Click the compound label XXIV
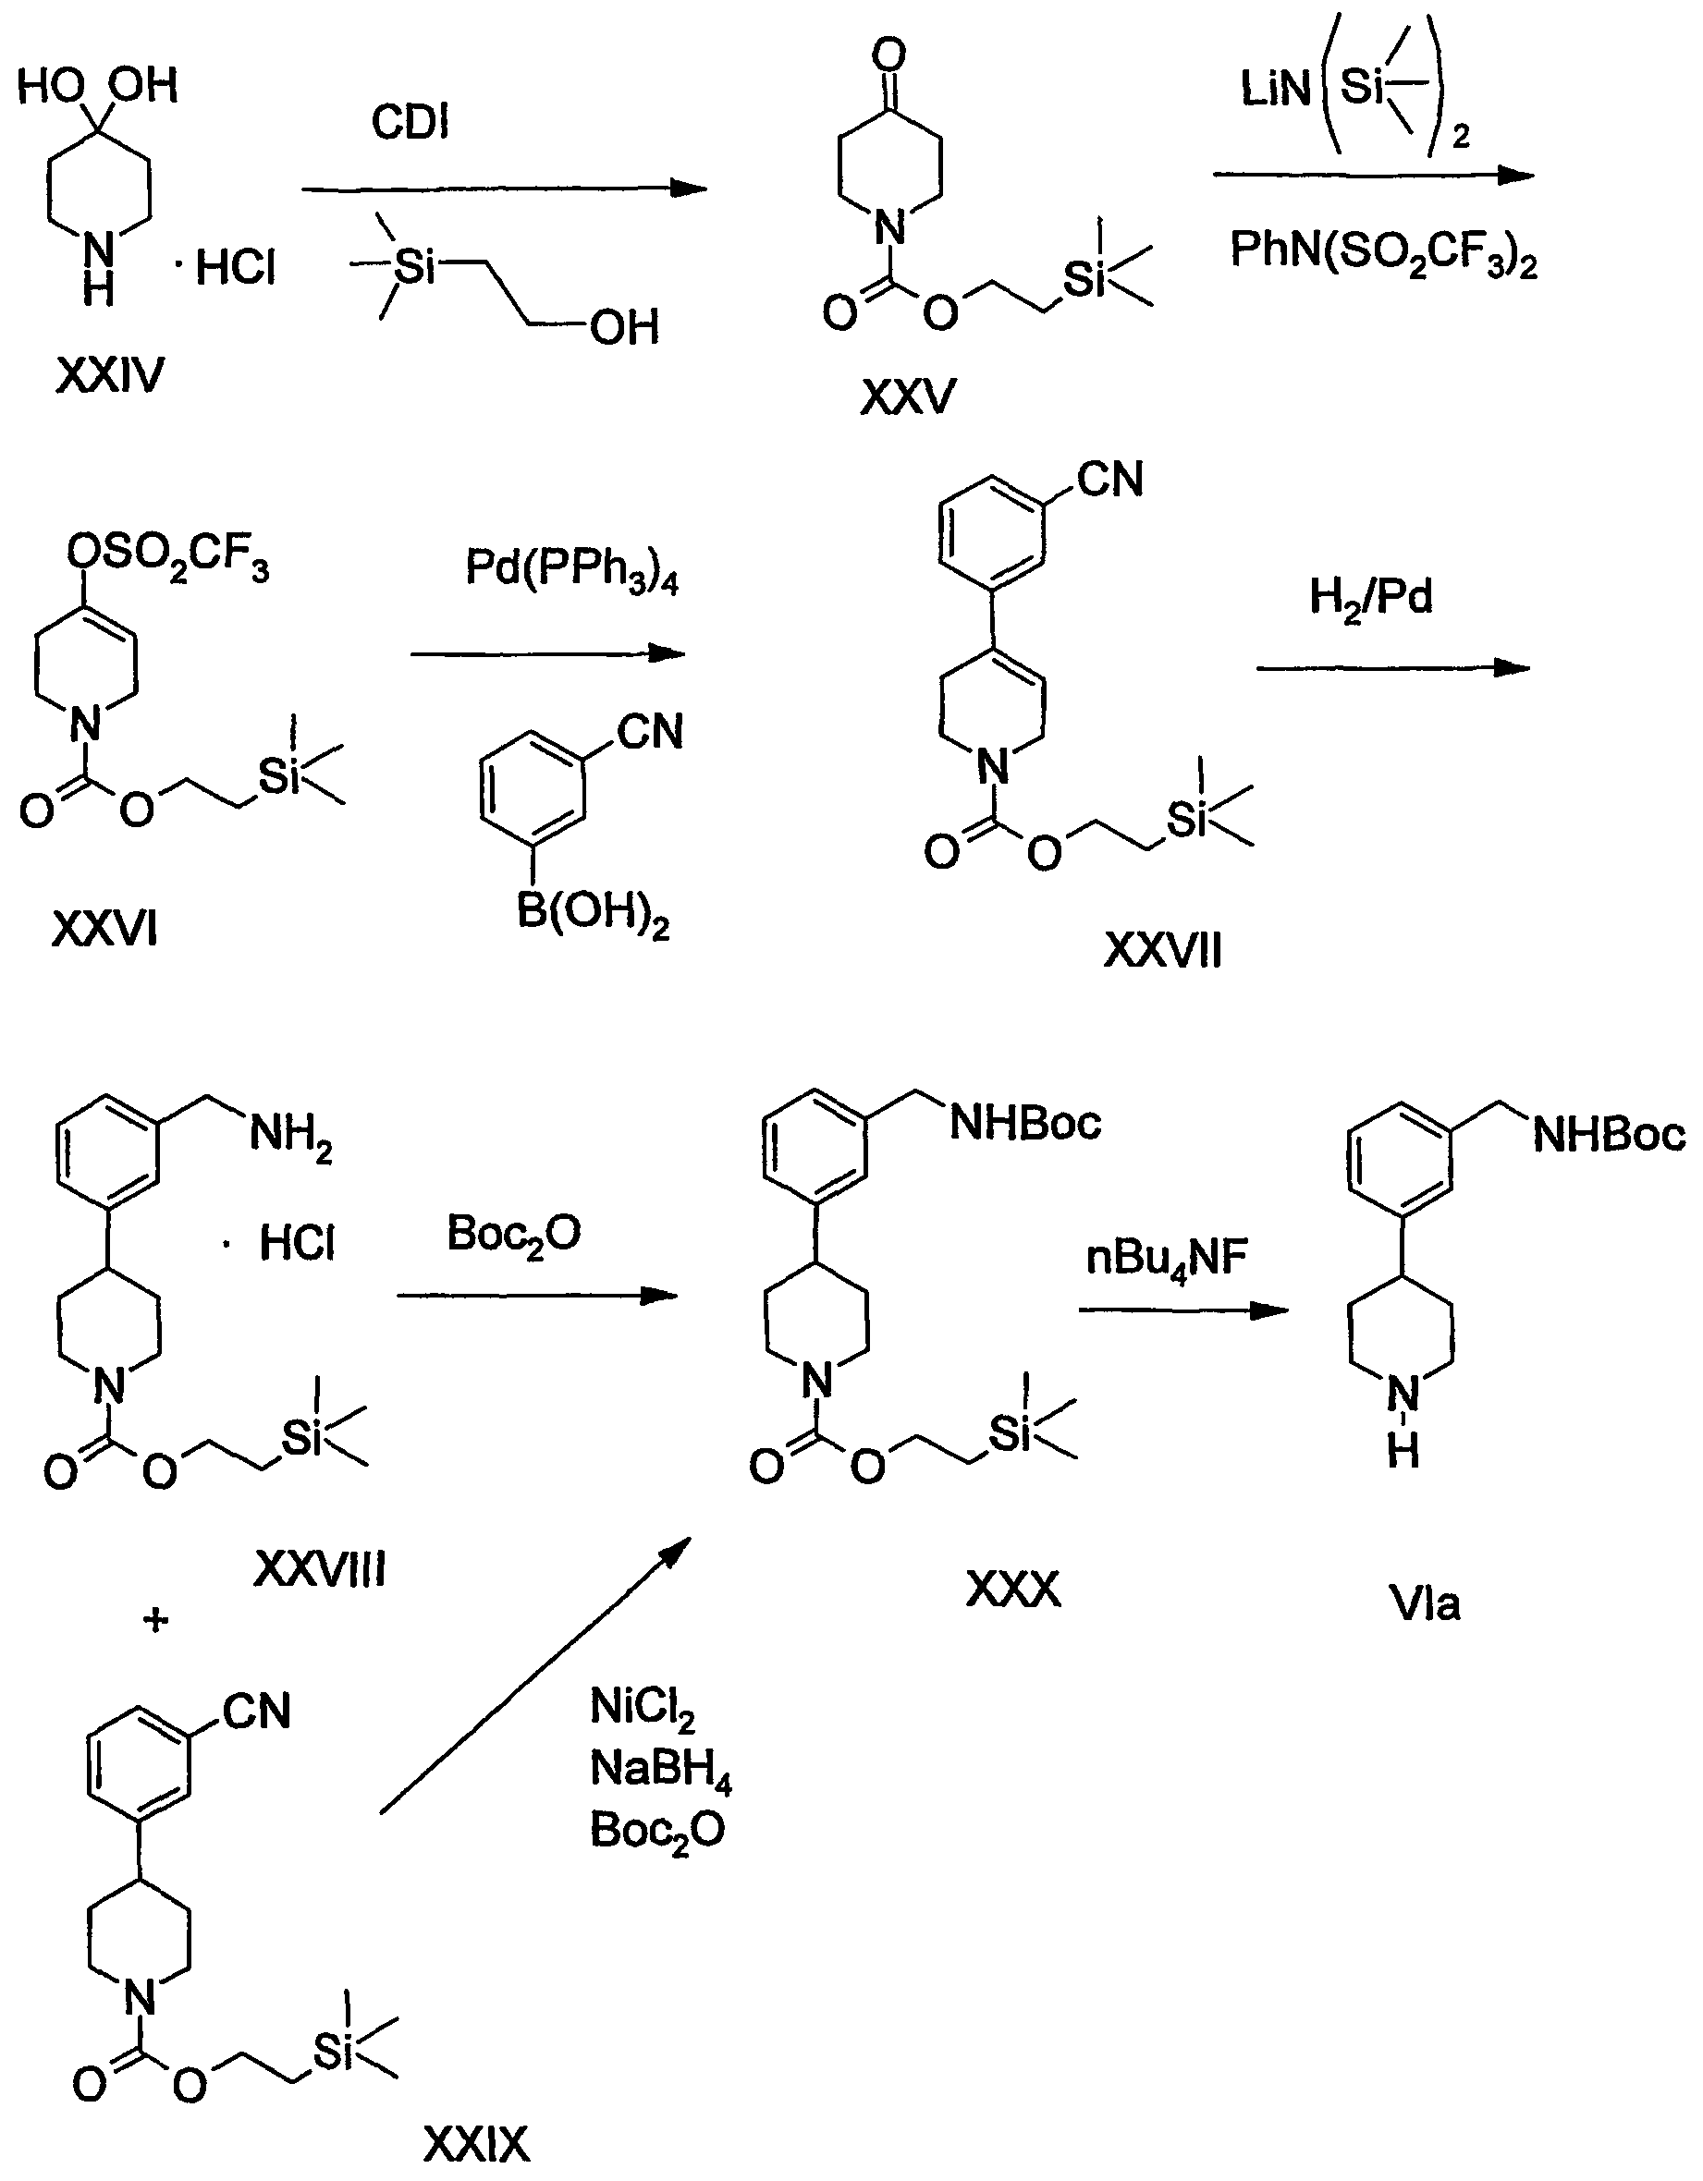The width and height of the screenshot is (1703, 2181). pyautogui.click(x=109, y=376)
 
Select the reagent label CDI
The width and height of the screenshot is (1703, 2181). pyautogui.click(x=410, y=123)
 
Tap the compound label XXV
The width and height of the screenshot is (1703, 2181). pyautogui.click(x=907, y=397)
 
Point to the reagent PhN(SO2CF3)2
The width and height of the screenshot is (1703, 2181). pyautogui.click(x=1383, y=251)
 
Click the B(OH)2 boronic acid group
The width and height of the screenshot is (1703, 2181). pyautogui.click(x=593, y=915)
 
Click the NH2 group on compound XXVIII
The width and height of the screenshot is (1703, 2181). pyautogui.click(x=290, y=1137)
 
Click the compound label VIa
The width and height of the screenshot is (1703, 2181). pyautogui.click(x=1425, y=1603)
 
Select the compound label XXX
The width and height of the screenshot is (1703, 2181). pyautogui.click(x=1012, y=1589)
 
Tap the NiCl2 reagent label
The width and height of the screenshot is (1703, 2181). pyautogui.click(x=643, y=1708)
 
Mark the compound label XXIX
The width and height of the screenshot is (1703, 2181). pyautogui.click(x=476, y=2143)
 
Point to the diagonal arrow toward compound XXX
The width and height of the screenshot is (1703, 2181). pyautogui.click(x=534, y=1677)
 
